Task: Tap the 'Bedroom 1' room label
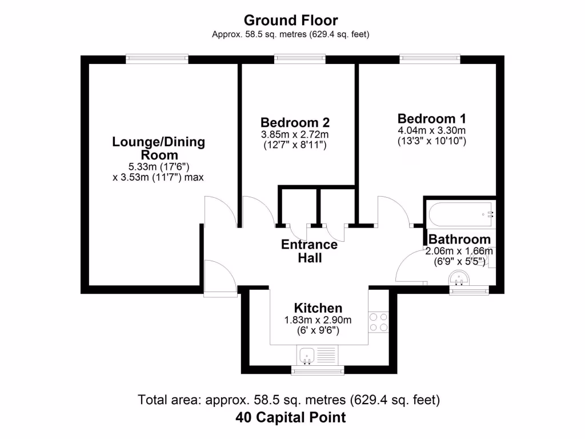[432, 118]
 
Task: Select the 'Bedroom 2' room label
[295, 122]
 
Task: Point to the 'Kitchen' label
[318, 308]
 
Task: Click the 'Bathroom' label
[459, 239]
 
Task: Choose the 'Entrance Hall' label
[310, 252]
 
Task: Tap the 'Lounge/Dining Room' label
[159, 149]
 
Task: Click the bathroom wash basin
[459, 278]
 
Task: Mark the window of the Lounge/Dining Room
[157, 57]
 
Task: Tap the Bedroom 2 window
[300, 57]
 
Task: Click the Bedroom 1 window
[430, 57]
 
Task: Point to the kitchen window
[318, 371]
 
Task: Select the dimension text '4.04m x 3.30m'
[432, 130]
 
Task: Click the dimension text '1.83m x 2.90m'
[318, 320]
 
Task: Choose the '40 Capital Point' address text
[291, 417]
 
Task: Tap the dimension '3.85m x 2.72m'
[295, 134]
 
